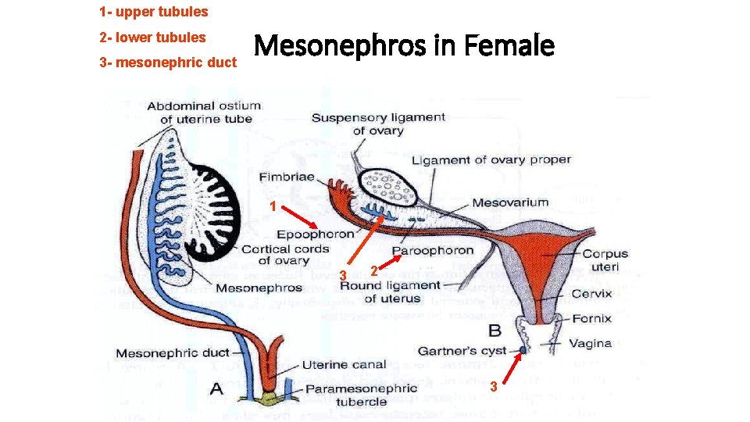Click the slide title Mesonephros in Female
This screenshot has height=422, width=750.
404,47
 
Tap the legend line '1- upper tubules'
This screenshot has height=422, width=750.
154,12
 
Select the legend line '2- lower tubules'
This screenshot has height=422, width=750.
152,37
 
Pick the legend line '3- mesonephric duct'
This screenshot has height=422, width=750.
168,62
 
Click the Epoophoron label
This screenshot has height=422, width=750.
315,234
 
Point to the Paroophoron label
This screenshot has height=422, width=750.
433,251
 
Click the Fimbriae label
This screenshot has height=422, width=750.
287,177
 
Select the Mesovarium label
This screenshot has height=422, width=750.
510,202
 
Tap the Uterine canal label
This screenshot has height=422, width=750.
344,364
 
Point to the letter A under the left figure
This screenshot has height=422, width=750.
216,388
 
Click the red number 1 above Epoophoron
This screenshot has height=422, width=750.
271,206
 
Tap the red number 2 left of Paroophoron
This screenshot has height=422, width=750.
374,270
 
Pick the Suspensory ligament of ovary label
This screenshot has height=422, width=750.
378,123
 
